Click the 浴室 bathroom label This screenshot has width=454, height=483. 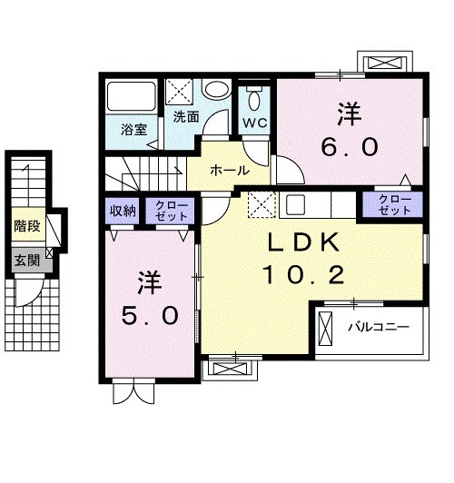pos(133,128)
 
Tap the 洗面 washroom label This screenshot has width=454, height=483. pos(186,116)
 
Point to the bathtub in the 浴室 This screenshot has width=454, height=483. pos(133,97)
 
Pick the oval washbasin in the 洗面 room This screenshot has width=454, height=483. pos(216,90)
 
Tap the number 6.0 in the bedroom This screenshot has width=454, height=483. pos(350,145)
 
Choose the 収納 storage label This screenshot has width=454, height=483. pos(123,211)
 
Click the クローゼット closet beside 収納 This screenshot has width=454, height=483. pos(171,211)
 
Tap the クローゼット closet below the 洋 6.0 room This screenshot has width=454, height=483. pos(394,204)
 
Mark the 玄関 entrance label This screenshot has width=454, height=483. pos(26,260)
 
